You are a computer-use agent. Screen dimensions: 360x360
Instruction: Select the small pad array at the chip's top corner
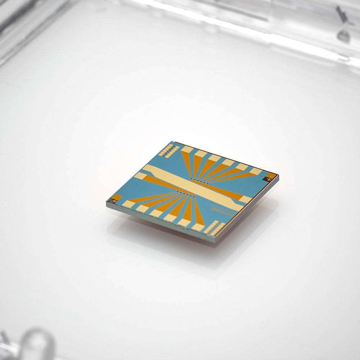click(x=166, y=150)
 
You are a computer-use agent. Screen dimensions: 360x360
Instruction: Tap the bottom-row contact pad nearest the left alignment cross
click(x=128, y=204)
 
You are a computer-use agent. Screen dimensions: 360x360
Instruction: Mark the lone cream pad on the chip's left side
click(x=140, y=176)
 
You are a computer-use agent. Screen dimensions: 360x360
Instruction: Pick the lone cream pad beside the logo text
click(x=246, y=199)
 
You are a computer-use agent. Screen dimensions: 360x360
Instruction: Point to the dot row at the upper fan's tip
click(x=196, y=179)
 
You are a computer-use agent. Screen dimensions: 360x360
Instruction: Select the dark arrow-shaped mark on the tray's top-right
click(x=340, y=14)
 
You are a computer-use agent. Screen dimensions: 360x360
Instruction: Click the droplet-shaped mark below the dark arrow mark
click(x=343, y=35)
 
